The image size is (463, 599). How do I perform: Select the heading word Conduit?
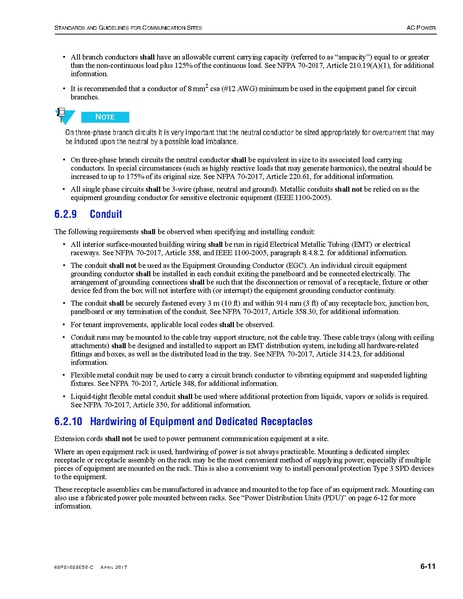click(x=106, y=214)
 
